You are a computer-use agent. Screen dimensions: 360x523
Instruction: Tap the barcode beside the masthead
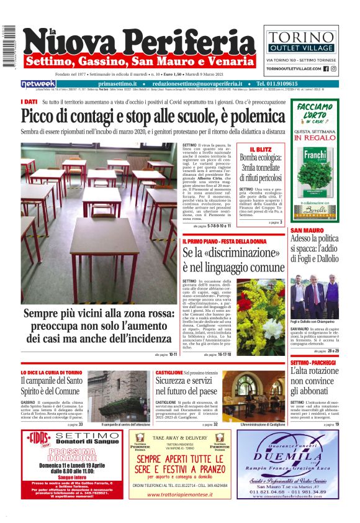pos(9,47)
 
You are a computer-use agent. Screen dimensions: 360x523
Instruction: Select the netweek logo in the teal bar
pos(38,83)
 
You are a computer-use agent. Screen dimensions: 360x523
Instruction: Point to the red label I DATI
pos(29,101)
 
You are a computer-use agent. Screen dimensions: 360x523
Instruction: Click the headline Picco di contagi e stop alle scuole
pos(153,116)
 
